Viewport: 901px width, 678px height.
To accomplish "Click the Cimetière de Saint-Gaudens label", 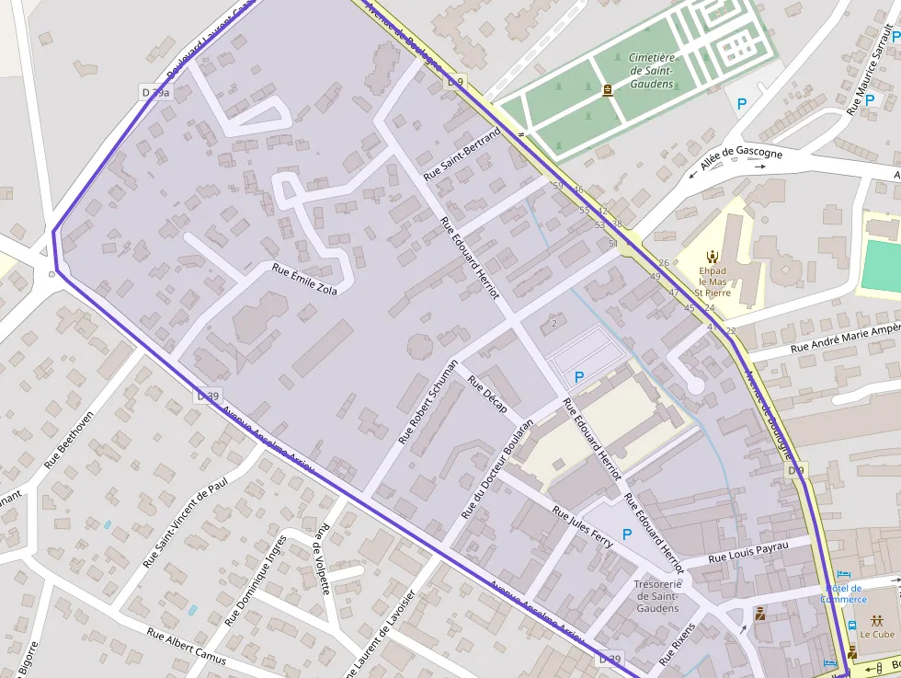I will coord(651,71).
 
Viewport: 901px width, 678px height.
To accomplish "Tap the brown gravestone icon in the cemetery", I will coord(607,90).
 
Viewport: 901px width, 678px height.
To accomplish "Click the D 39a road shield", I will coord(157,92).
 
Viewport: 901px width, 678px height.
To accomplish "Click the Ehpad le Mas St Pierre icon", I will coord(711,256).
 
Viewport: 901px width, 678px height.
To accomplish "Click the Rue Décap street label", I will coord(487,394).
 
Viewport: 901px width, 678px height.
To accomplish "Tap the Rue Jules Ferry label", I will coord(583,523).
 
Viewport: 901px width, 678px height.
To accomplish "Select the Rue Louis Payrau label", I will coord(748,552).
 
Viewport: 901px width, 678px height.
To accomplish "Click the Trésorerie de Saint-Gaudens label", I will coord(657,595).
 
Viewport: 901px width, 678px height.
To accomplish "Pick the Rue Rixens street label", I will coord(678,644).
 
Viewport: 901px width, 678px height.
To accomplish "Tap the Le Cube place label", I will coord(877,634).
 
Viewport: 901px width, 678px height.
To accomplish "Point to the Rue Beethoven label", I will coord(69,440).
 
